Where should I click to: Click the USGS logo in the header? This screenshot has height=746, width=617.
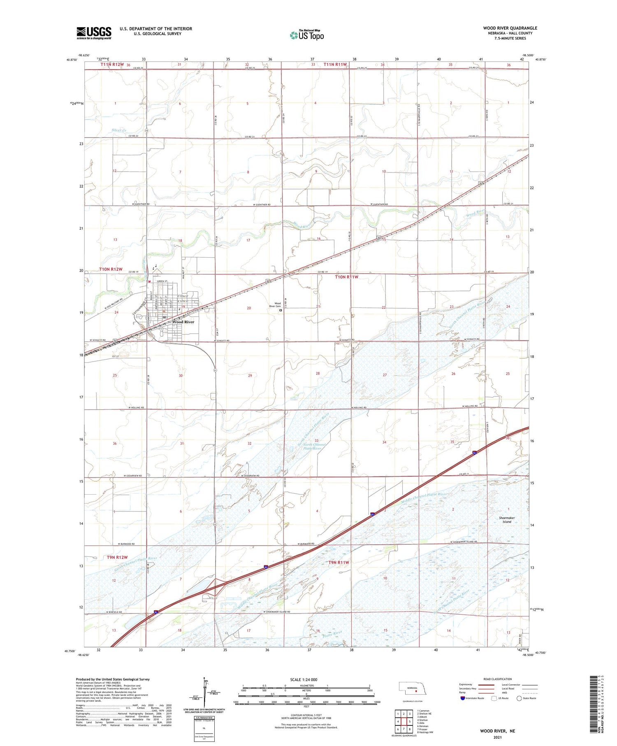coord(94,33)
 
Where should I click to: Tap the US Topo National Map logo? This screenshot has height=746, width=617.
coord(307,35)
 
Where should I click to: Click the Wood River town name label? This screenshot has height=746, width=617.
coord(183,322)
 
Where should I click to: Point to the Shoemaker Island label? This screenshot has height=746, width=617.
coord(507,520)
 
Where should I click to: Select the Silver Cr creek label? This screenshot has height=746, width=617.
coord(119,130)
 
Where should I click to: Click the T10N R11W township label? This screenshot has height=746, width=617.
coord(346,277)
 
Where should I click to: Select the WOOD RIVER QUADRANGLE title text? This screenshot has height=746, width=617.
coord(510,28)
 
